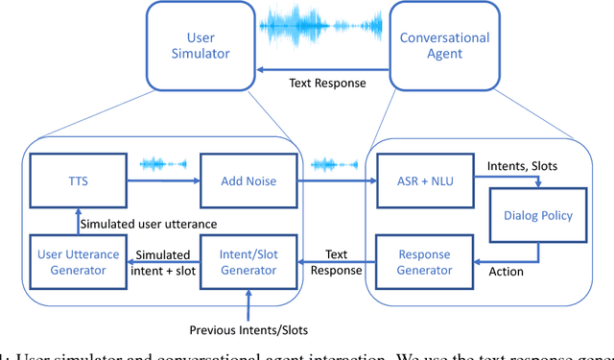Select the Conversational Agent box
(445, 46)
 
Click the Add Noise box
(248, 179)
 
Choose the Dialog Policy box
(537, 216)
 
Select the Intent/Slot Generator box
(248, 262)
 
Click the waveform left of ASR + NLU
(334, 164)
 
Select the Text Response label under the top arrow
(327, 83)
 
